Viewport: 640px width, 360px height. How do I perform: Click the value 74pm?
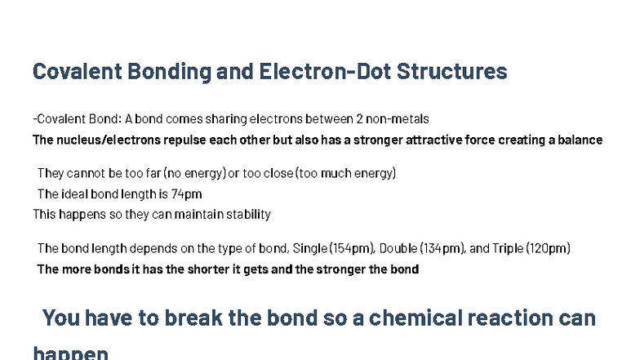click(x=186, y=194)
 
